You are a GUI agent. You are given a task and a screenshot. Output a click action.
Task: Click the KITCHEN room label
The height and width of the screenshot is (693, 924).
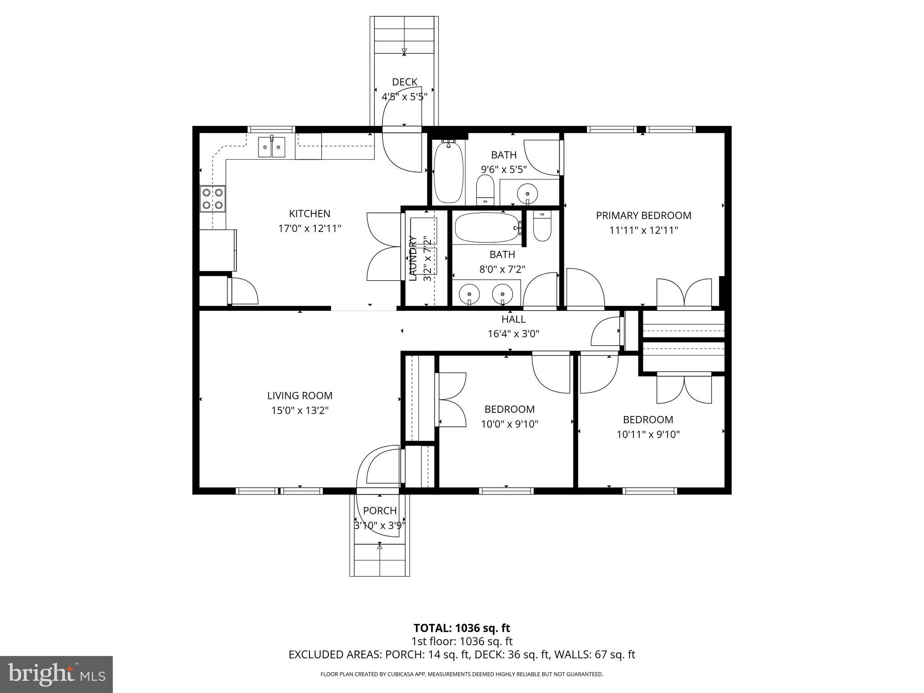(x=310, y=213)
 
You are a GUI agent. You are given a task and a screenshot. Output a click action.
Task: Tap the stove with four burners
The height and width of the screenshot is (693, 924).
(x=213, y=199)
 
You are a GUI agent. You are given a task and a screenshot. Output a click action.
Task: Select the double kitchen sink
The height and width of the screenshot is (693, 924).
(x=272, y=147)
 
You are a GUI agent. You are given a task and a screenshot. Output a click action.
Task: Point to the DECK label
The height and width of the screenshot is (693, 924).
(x=404, y=82)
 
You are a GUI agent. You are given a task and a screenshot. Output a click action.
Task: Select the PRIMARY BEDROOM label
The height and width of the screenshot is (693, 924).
(x=643, y=216)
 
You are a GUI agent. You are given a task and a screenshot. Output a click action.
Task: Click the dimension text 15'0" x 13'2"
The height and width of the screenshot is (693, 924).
(x=300, y=411)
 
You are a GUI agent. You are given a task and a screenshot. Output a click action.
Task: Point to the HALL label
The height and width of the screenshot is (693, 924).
(x=513, y=319)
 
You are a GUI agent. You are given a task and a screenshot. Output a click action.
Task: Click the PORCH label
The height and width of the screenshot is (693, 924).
(x=380, y=511)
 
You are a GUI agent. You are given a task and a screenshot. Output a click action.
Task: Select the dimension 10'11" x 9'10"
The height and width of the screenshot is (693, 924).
(x=648, y=434)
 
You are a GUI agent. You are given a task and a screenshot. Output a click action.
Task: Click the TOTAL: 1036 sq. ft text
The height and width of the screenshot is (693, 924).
(x=462, y=628)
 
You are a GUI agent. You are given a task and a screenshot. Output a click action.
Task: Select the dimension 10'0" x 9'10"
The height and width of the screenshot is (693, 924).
(x=509, y=424)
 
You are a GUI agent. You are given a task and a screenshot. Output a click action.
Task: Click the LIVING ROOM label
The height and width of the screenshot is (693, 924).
(x=300, y=396)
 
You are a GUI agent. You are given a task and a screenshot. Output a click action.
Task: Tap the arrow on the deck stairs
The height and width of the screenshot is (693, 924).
(x=404, y=51)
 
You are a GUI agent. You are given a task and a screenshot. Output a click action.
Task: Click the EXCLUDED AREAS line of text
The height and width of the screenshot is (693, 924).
(x=462, y=655)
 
